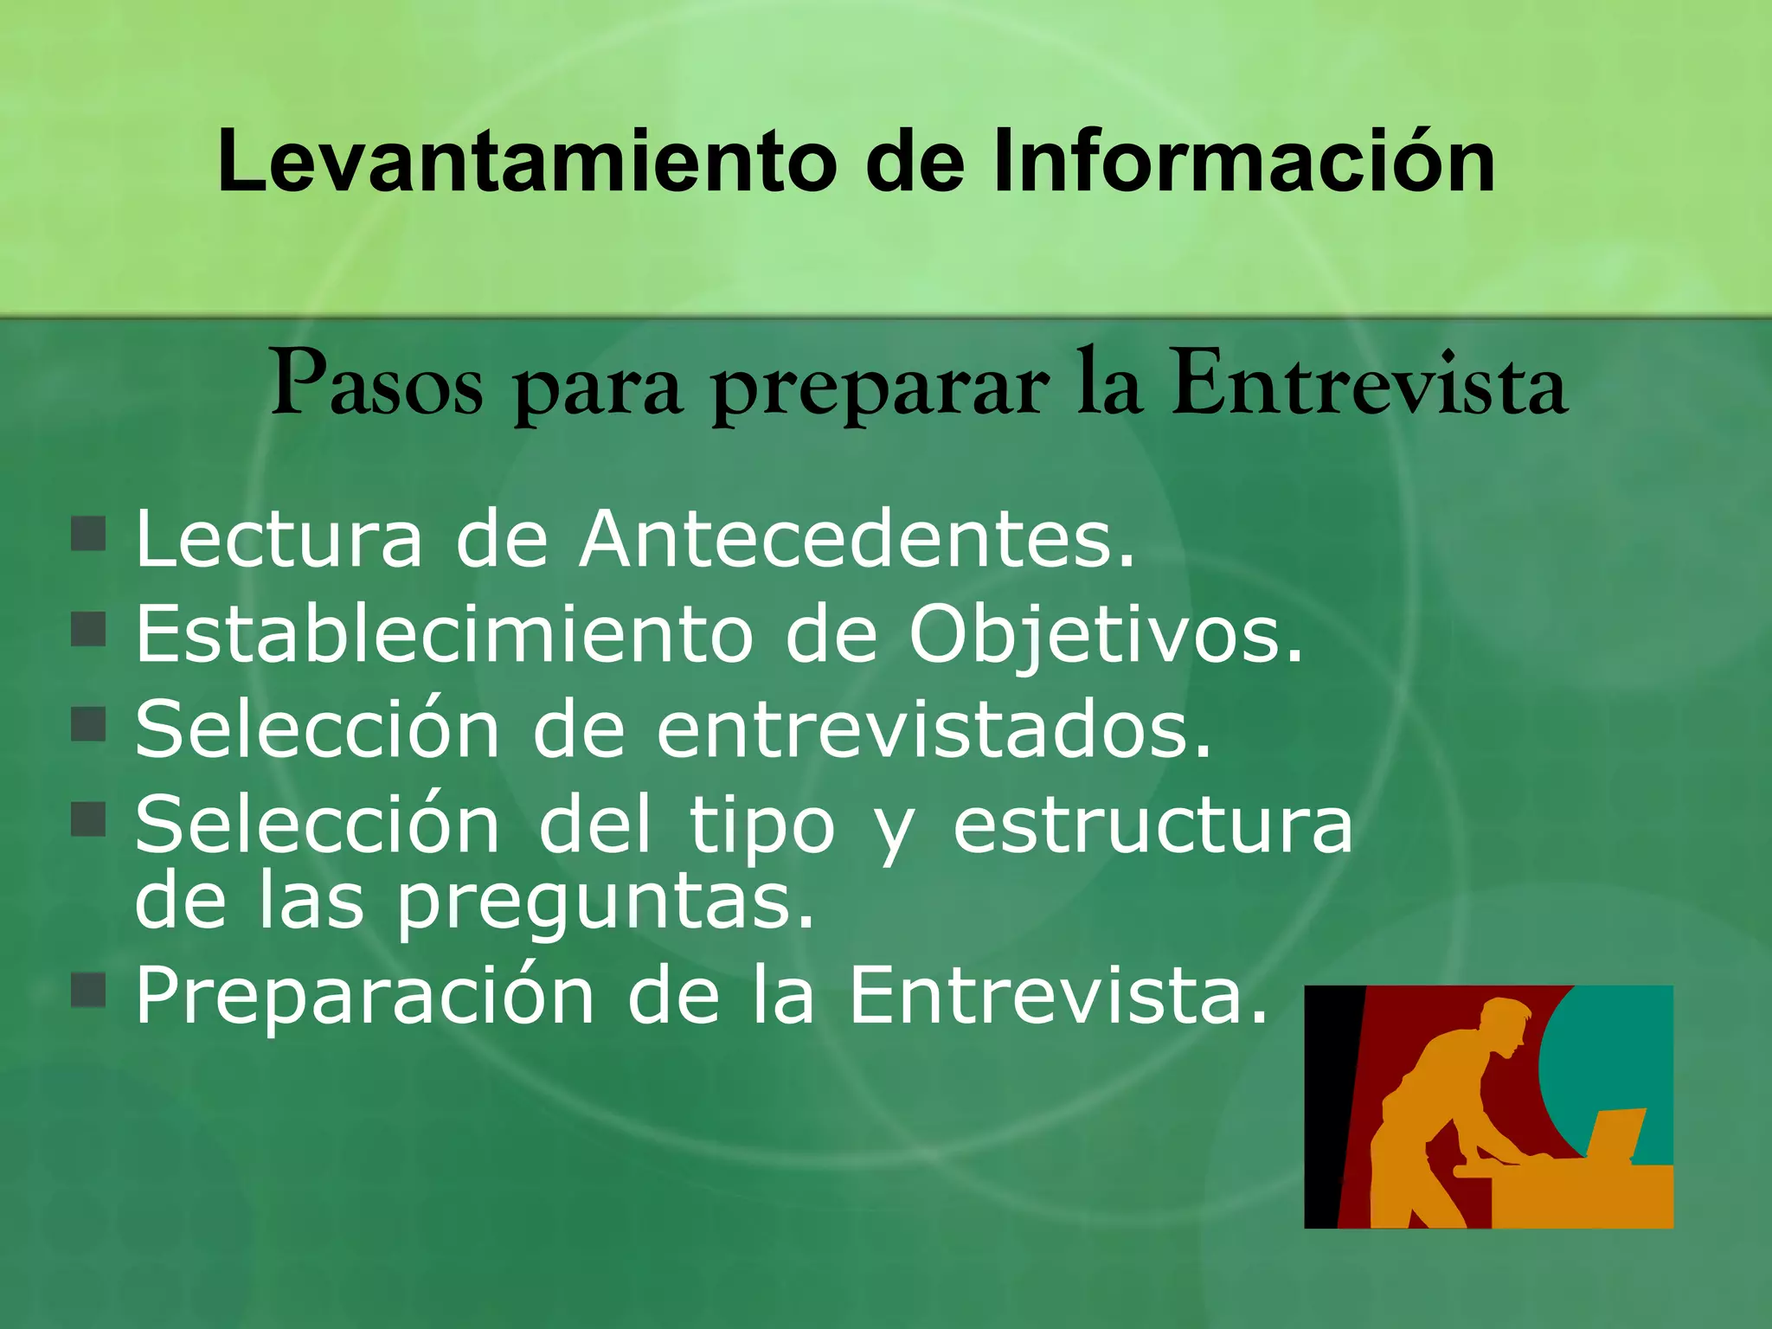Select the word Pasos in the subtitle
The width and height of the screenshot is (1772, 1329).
[376, 385]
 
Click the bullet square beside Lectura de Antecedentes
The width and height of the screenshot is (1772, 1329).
[88, 534]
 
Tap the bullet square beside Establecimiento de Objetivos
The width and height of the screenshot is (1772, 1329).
[88, 630]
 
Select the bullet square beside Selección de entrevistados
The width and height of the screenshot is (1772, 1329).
[88, 725]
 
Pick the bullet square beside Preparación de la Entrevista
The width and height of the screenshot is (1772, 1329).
[88, 990]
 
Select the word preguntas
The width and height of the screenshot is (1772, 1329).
[606, 904]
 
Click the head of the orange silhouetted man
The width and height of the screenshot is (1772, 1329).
[1506, 1025]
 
